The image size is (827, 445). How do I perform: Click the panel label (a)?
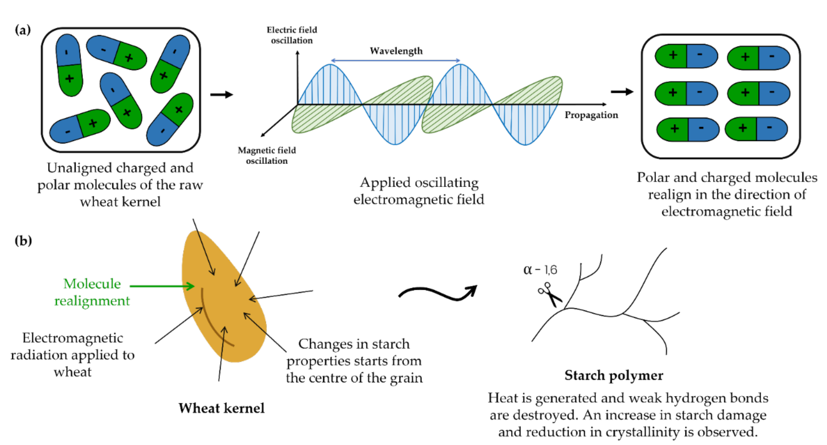point(23,30)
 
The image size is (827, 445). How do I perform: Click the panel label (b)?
point(23,241)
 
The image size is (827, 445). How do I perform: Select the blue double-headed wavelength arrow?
point(395,60)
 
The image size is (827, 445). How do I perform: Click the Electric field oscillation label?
point(292,35)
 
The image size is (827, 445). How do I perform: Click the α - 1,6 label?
point(540,270)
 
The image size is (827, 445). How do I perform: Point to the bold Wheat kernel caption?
point(222,408)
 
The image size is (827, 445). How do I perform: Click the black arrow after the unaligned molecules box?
point(222,95)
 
